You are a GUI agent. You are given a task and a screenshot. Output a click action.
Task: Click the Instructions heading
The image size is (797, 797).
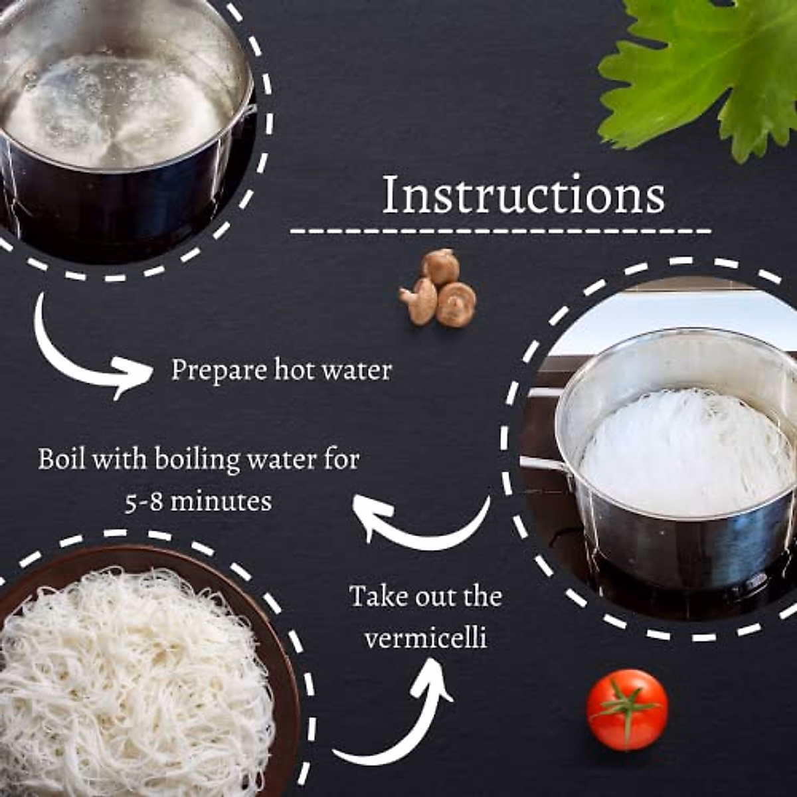click(x=523, y=195)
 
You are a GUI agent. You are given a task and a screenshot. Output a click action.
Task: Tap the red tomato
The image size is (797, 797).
click(x=627, y=709)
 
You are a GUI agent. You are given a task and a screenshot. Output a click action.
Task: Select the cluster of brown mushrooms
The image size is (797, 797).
click(x=439, y=288)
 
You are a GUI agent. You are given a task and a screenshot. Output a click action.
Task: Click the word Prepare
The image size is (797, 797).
click(x=211, y=370)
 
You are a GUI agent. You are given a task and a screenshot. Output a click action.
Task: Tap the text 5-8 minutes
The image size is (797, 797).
click(x=198, y=501)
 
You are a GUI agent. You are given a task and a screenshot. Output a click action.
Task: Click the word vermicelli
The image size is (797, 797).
click(x=426, y=638)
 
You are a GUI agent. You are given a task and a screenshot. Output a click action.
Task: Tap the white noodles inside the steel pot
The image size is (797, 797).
click(x=684, y=452)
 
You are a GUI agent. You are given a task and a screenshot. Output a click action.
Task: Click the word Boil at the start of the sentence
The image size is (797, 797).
click(x=62, y=460)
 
